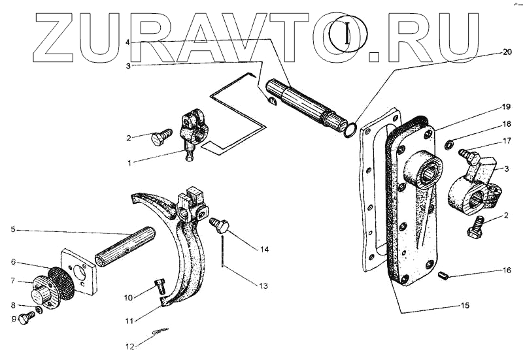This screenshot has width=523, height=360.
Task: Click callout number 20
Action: point(507,52)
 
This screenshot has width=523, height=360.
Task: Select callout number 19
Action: point(506,106)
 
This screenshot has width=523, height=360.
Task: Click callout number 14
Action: point(264,249)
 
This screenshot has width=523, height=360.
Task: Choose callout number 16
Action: point(507,269)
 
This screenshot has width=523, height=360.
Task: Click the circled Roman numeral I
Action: point(348,33)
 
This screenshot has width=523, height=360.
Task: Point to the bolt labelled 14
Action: point(220,227)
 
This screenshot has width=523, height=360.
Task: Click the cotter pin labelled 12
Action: point(159,333)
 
